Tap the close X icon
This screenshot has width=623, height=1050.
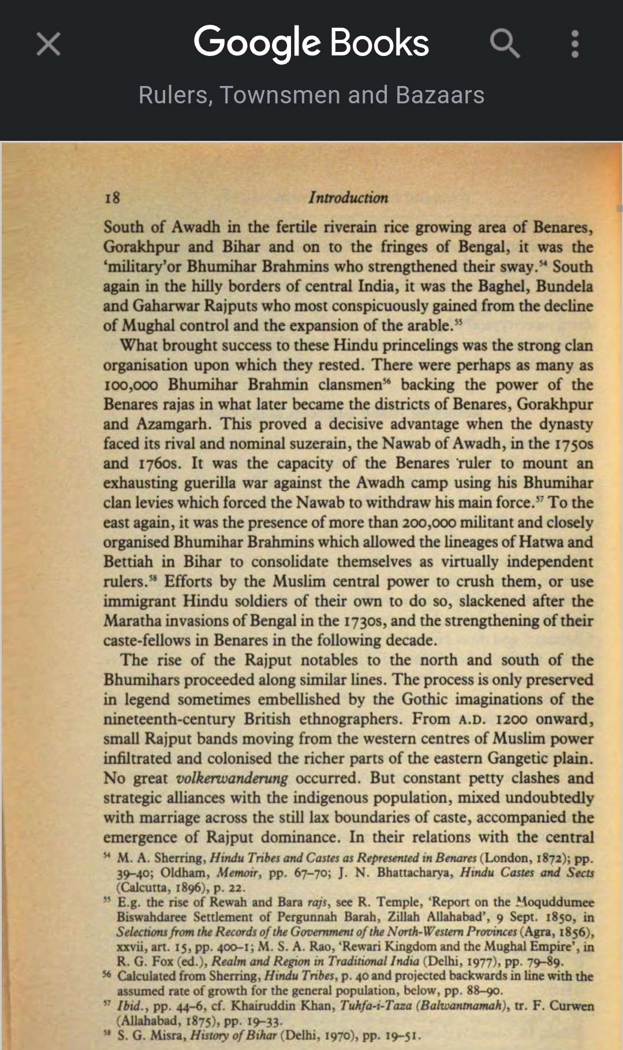[x=49, y=44]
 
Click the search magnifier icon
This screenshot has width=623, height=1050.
[x=505, y=44]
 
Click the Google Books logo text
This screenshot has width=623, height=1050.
[x=311, y=43]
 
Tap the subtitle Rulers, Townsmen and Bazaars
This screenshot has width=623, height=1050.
[x=311, y=95]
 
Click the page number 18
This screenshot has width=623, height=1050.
[x=112, y=198]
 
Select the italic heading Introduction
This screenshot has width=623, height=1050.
[x=348, y=197]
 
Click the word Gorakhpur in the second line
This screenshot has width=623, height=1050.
[x=141, y=247]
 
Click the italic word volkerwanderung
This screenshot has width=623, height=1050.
[x=232, y=778]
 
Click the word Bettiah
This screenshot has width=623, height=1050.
[x=128, y=562]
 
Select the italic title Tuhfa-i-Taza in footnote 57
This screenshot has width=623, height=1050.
[x=375, y=1006]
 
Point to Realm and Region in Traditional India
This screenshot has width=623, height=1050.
[x=315, y=961]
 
